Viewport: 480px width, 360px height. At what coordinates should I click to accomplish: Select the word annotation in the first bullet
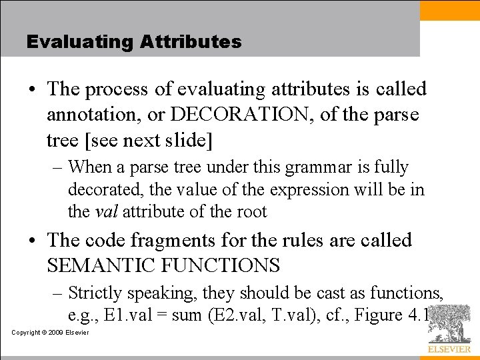pyautogui.click(x=94, y=115)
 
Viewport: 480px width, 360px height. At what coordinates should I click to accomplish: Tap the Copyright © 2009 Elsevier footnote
pyautogui.click(x=50, y=332)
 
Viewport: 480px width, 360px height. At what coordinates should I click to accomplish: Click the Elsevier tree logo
pyautogui.click(x=449, y=324)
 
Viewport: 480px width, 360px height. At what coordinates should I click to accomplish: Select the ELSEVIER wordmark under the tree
pyautogui.click(x=449, y=349)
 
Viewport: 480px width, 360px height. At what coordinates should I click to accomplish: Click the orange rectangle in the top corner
pyautogui.click(x=449, y=10)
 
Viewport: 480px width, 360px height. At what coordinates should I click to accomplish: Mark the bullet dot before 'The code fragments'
pyautogui.click(x=31, y=241)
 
